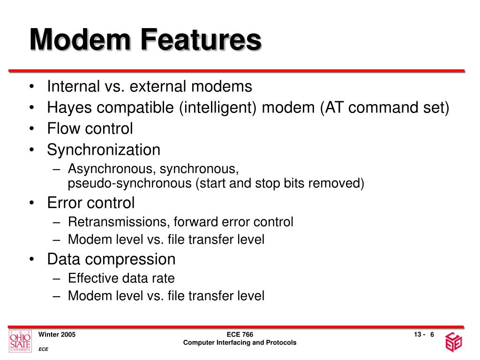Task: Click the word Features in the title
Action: pos(196,40)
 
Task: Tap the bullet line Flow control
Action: pos(90,128)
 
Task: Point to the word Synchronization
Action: pos(103,150)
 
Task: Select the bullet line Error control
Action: pos(90,203)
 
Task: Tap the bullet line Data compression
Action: pos(111,259)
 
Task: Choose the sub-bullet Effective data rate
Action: pos(121,278)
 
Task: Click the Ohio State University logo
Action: pos(20,341)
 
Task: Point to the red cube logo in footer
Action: pos(454,342)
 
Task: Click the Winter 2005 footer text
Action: pos(57,334)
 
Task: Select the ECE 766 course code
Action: pos(240,334)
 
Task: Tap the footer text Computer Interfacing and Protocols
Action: pos(240,343)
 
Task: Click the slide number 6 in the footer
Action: pos(432,334)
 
